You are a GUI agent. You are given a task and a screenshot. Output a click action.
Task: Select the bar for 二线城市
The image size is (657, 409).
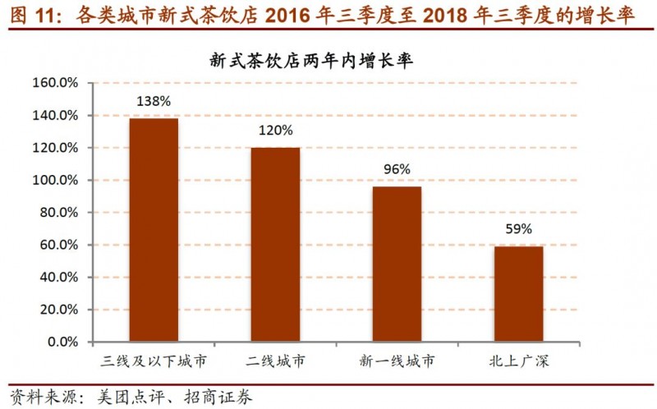tap(275, 245)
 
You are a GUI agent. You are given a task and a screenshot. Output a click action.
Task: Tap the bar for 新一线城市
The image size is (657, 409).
tap(397, 264)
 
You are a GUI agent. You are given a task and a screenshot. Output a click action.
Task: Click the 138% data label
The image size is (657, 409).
tap(154, 102)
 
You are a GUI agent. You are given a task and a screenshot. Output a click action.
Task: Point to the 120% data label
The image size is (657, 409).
tap(275, 131)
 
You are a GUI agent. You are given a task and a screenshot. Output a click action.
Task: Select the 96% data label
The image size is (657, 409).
tap(397, 169)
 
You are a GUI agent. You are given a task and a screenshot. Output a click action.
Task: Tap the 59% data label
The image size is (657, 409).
tap(518, 228)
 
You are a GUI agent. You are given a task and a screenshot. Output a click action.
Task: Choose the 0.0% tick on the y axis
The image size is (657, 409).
tap(62, 342)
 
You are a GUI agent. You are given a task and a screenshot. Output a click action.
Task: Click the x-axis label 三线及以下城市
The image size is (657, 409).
tap(154, 361)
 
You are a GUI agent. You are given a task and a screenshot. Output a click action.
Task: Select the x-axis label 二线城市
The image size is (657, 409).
tap(275, 361)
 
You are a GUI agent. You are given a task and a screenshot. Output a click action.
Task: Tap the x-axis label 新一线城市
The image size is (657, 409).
tap(397, 361)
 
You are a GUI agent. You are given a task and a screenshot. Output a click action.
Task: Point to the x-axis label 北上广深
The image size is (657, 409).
tap(518, 361)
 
